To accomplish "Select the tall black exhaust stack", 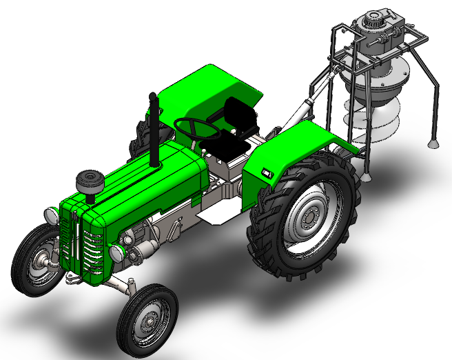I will click(x=154, y=131).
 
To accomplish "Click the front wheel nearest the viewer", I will click(x=147, y=319).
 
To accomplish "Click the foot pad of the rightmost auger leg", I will click(x=432, y=143).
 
